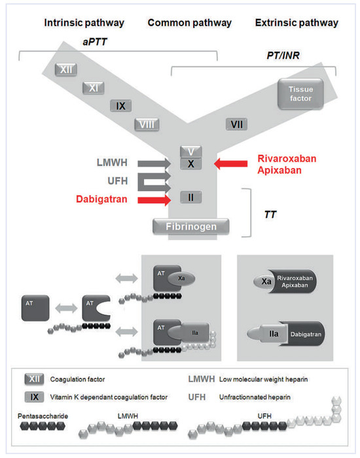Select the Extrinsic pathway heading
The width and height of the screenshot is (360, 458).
(296, 23)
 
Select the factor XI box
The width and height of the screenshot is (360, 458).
(94, 87)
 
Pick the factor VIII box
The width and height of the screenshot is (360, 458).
(146, 124)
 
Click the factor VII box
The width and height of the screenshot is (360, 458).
(236, 123)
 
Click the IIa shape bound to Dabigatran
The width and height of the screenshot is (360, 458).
(273, 339)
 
